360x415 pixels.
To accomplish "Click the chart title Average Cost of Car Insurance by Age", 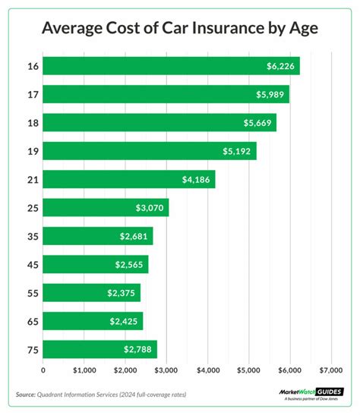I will tap(180, 29).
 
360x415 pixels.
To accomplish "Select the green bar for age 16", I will tap(171, 66).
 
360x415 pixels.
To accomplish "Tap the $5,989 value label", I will tap(270, 95).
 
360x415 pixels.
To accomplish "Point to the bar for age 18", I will tap(159, 123).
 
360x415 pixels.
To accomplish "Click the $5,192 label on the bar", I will tap(238, 151).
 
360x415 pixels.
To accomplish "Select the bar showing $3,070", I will tap(106, 208).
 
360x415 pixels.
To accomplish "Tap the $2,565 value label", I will tap(130, 265).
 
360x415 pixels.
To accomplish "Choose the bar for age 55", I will tap(92, 293).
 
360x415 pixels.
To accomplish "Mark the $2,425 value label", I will tap(125, 321).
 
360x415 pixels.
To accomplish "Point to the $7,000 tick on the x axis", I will tap(330, 371).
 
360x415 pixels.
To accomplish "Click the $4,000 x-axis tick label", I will tap(207, 371).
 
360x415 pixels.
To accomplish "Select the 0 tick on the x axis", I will tap(43, 371).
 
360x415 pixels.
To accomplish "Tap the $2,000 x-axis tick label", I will tap(125, 371).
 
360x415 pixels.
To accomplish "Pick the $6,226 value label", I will tap(282, 67).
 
